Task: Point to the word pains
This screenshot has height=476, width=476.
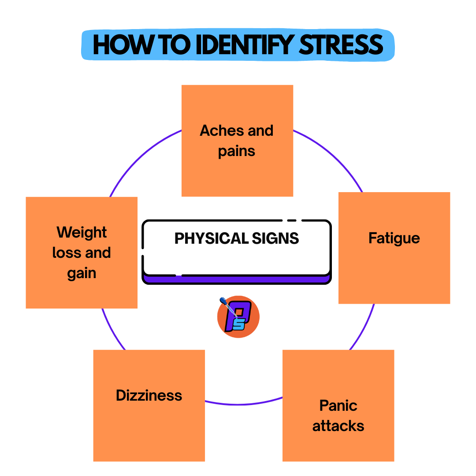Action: point(237,151)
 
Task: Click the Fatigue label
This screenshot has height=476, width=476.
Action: point(394,238)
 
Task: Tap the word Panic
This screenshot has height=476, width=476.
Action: point(338,405)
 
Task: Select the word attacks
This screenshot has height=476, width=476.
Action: point(338,426)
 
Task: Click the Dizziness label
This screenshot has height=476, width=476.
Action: point(149,395)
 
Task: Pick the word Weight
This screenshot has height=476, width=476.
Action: point(82,232)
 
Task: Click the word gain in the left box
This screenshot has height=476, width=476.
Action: point(82,274)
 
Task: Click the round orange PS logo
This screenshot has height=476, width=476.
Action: point(238,317)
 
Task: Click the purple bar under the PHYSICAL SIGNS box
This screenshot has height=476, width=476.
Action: point(237,279)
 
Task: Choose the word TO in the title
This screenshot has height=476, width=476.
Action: point(165,45)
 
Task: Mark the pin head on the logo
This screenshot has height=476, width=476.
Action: point(222,301)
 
